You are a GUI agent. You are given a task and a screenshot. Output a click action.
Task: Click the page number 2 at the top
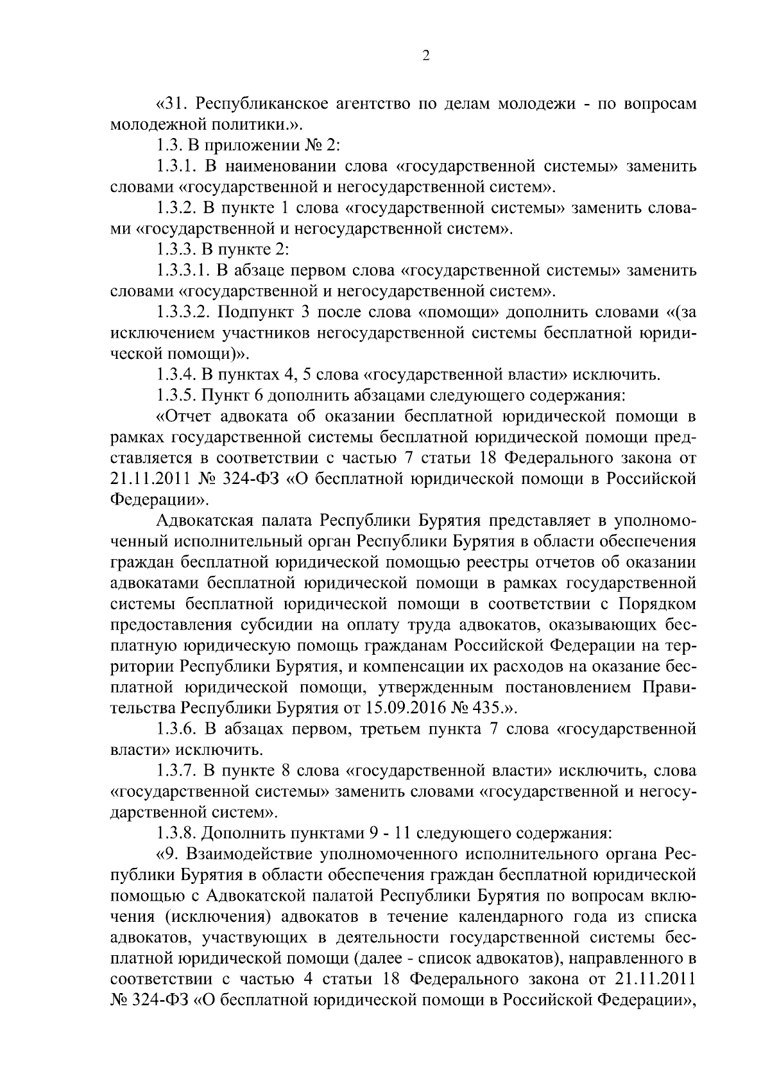tap(426, 56)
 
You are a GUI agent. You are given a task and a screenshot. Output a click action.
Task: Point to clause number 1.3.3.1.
tap(182, 271)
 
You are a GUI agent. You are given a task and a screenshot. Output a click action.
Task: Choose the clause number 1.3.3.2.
tap(182, 313)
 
